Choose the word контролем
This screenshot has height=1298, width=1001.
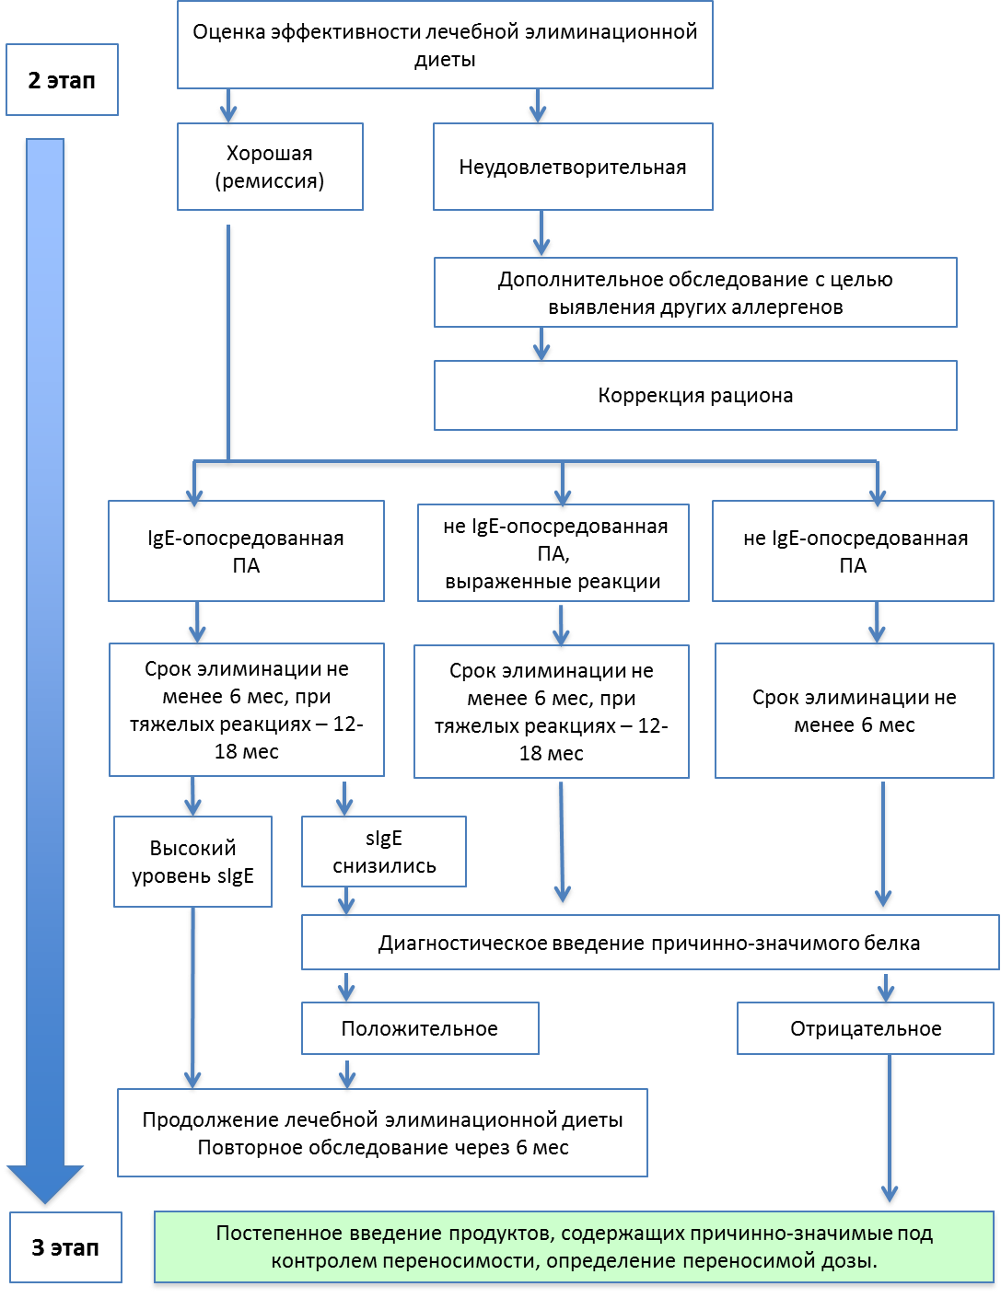pos(314,1261)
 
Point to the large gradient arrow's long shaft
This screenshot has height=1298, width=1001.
pos(44,644)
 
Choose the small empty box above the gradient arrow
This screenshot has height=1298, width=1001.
pos(62,79)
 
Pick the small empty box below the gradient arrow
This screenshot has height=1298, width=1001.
pos(65,1247)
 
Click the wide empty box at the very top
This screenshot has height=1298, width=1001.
pos(445,44)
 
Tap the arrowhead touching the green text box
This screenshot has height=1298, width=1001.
pos(889,1195)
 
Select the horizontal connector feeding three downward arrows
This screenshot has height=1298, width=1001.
pos(534,463)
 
